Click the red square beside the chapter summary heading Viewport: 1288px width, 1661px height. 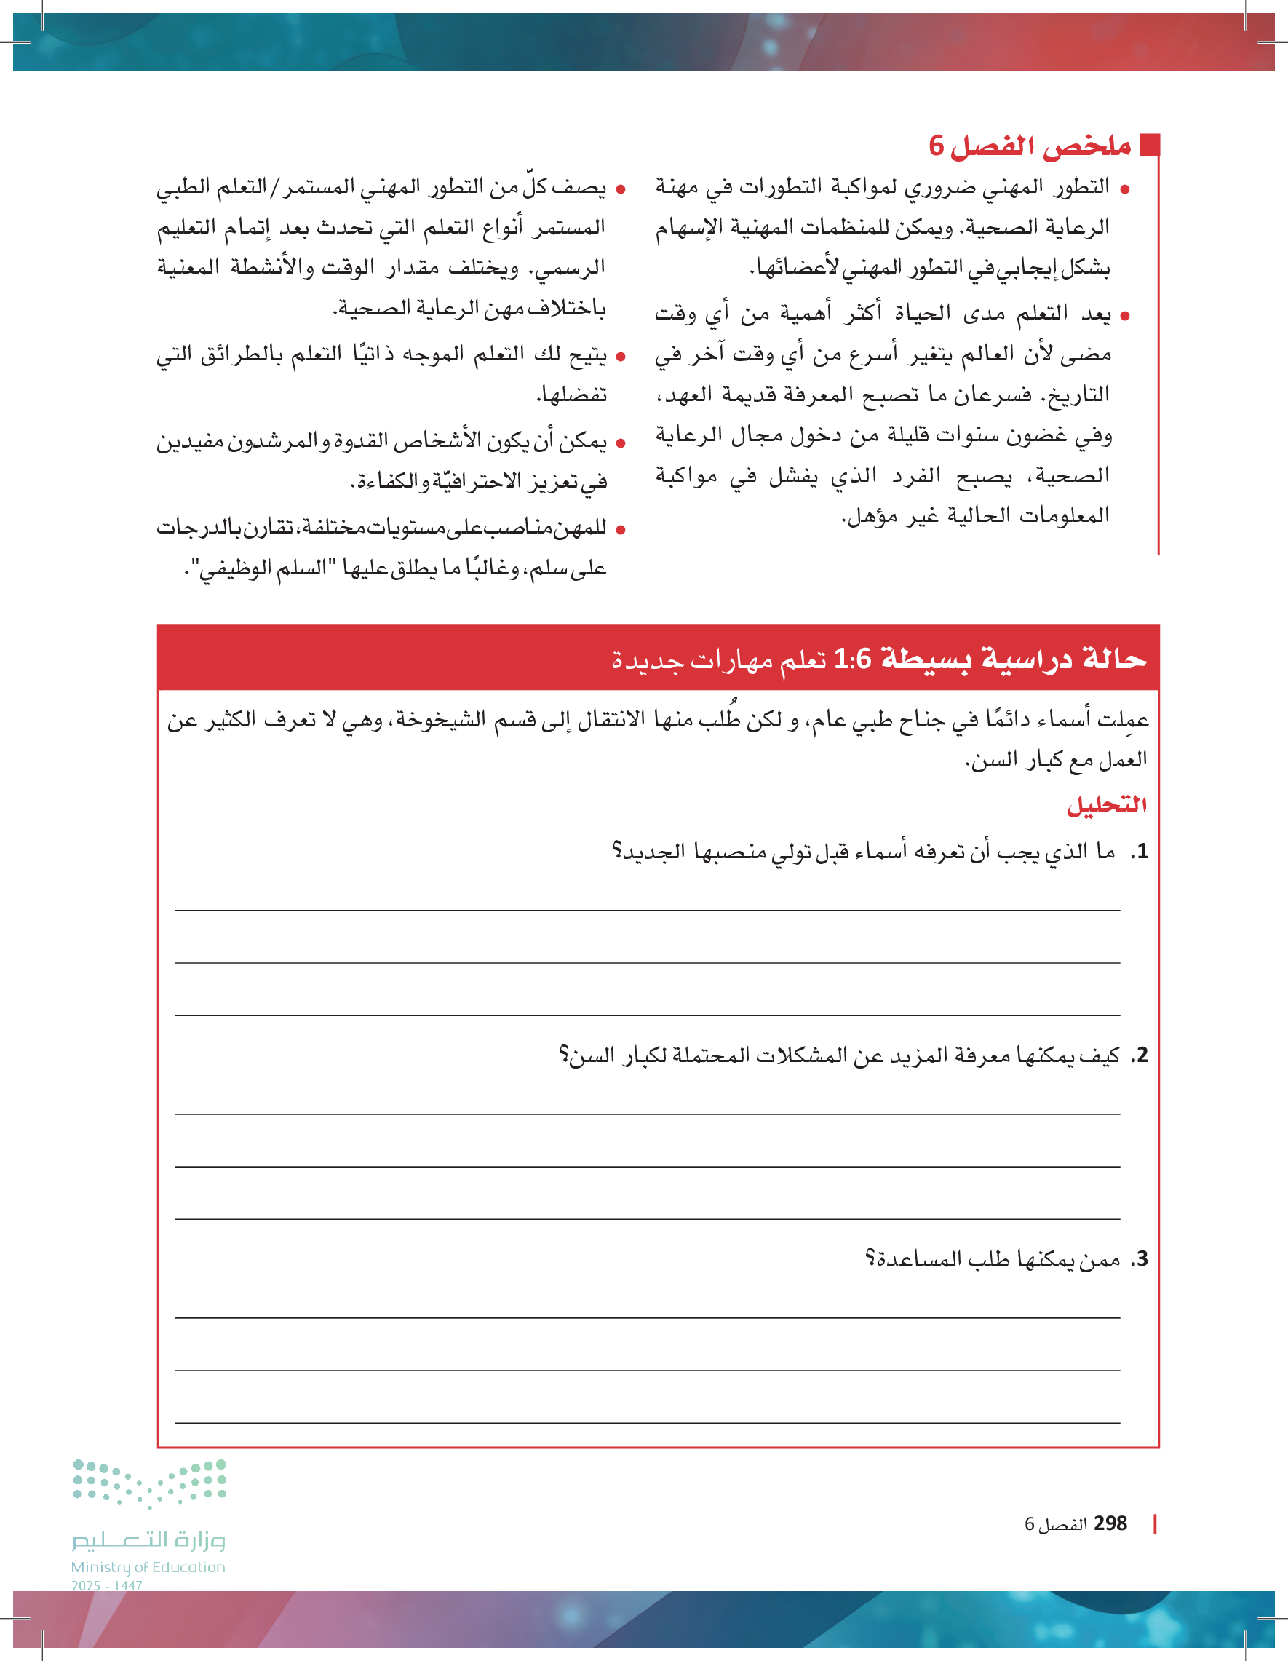pyautogui.click(x=1150, y=145)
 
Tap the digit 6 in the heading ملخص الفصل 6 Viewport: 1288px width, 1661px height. pyautogui.click(x=936, y=146)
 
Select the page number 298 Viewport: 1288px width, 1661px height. pyautogui.click(x=1110, y=1523)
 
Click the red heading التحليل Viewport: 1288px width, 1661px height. pyautogui.click(x=1106, y=804)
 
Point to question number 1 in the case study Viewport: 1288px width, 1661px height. pyautogui.click(x=1138, y=852)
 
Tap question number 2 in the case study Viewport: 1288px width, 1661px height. pyautogui.click(x=1138, y=1055)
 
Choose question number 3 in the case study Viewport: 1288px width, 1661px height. pyautogui.click(x=1138, y=1259)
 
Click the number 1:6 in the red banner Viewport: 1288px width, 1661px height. pyautogui.click(x=852, y=659)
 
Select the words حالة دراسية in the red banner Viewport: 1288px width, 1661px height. pyautogui.click(x=1064, y=659)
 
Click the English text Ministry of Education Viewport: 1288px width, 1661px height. pyautogui.click(x=148, y=1567)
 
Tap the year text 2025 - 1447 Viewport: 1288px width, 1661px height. pyautogui.click(x=106, y=1586)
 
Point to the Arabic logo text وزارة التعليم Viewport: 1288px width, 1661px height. pyautogui.click(x=149, y=1540)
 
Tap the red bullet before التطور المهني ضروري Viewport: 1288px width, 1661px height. pyautogui.click(x=1125, y=189)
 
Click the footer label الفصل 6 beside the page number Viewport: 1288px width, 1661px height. pyautogui.click(x=1054, y=1524)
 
